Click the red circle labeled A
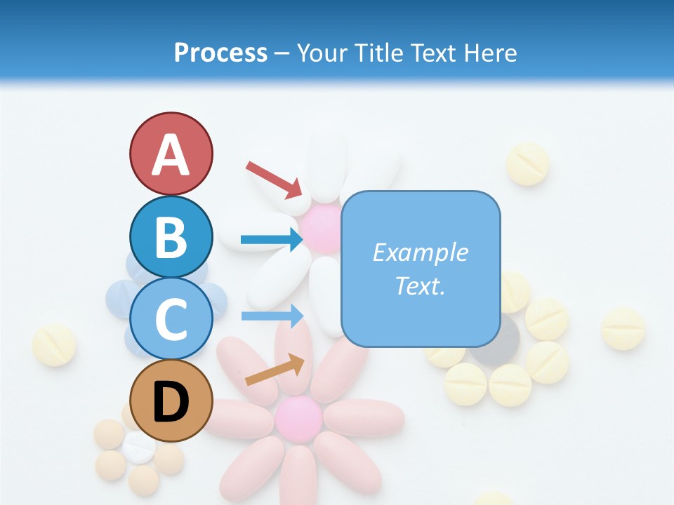(x=171, y=154)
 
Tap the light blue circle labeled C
(x=171, y=318)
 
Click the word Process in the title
(x=220, y=53)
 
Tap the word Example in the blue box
(x=420, y=252)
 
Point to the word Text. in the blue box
(x=420, y=285)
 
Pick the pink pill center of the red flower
(x=298, y=419)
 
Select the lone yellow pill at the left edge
(x=54, y=344)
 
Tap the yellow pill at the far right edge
(x=623, y=328)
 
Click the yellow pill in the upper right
(x=527, y=164)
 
